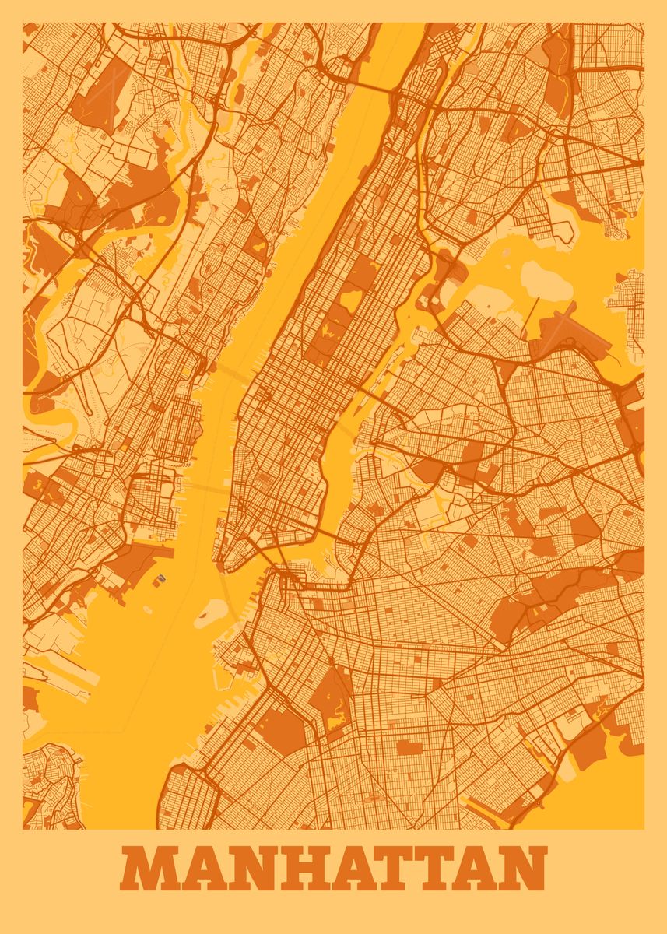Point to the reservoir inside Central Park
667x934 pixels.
tap(352, 298)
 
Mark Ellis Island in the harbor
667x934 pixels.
tap(161, 579)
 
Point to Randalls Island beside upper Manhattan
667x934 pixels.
tap(444, 272)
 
